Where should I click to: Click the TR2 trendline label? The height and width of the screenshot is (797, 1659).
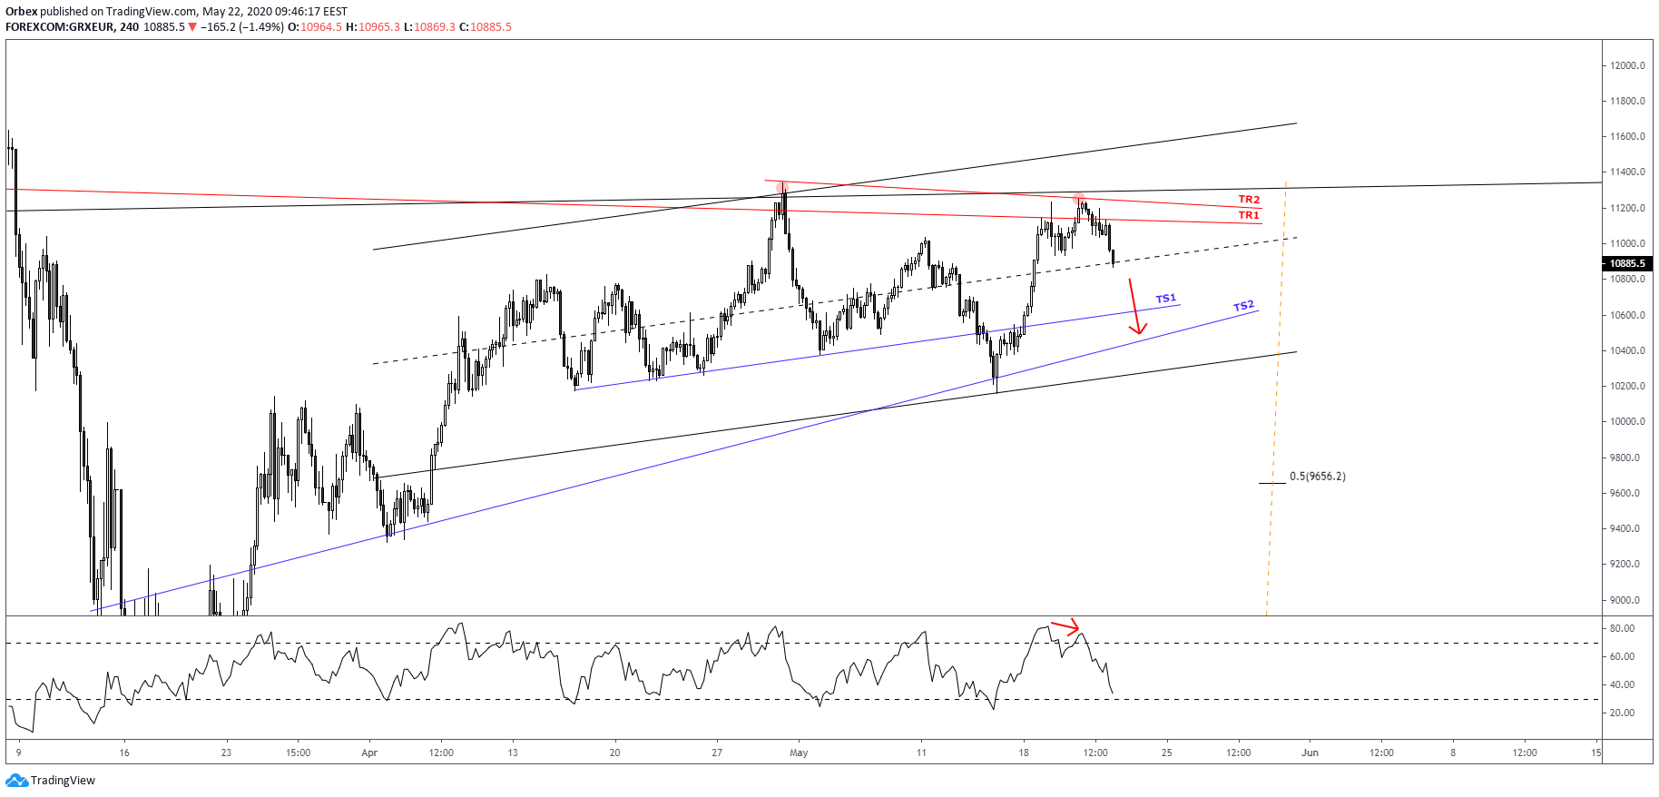1249,200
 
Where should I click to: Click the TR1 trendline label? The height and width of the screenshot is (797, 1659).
1249,215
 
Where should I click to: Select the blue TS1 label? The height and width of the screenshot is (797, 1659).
1165,299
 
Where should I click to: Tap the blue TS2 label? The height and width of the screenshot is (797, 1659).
1243,306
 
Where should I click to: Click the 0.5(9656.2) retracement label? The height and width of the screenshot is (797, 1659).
1317,477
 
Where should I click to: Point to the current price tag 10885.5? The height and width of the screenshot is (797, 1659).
1627,263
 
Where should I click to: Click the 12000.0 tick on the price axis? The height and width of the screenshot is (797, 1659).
1627,65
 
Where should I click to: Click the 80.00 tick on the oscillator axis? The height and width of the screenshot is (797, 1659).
1622,628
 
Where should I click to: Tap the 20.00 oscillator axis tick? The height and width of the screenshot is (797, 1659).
1622,713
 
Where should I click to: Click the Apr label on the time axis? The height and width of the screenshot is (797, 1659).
369,753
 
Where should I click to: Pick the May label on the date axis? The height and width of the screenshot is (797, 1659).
799,753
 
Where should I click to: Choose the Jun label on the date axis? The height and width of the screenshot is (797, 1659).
1310,753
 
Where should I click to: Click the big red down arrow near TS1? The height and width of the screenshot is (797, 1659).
1134,308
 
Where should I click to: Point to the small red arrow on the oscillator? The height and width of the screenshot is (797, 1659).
1065,626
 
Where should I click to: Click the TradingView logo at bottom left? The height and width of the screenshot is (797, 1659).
51,781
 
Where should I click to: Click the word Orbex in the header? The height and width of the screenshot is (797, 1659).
21,12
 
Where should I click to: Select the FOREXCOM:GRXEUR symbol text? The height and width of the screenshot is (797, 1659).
60,27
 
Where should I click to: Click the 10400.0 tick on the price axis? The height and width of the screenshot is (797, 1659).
1627,350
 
